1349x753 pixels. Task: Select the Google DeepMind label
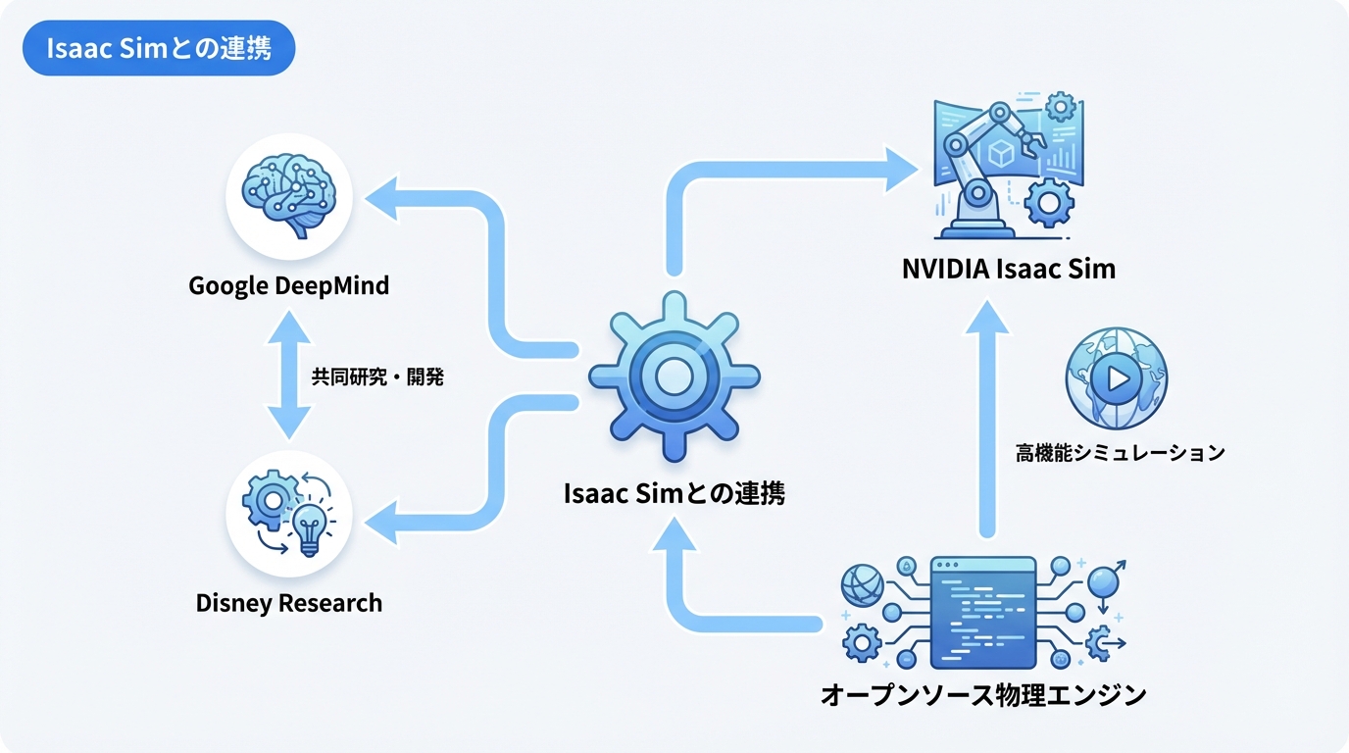288,286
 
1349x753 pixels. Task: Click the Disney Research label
288,602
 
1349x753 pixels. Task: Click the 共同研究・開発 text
376,376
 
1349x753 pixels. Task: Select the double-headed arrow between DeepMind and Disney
288,376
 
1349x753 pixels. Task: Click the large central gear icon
674,376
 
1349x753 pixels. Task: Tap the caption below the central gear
674,493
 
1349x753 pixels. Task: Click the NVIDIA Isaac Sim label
1008,269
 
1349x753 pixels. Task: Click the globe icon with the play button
1116,378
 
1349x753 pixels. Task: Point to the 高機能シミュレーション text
1120,453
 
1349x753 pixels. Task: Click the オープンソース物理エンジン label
982,695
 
